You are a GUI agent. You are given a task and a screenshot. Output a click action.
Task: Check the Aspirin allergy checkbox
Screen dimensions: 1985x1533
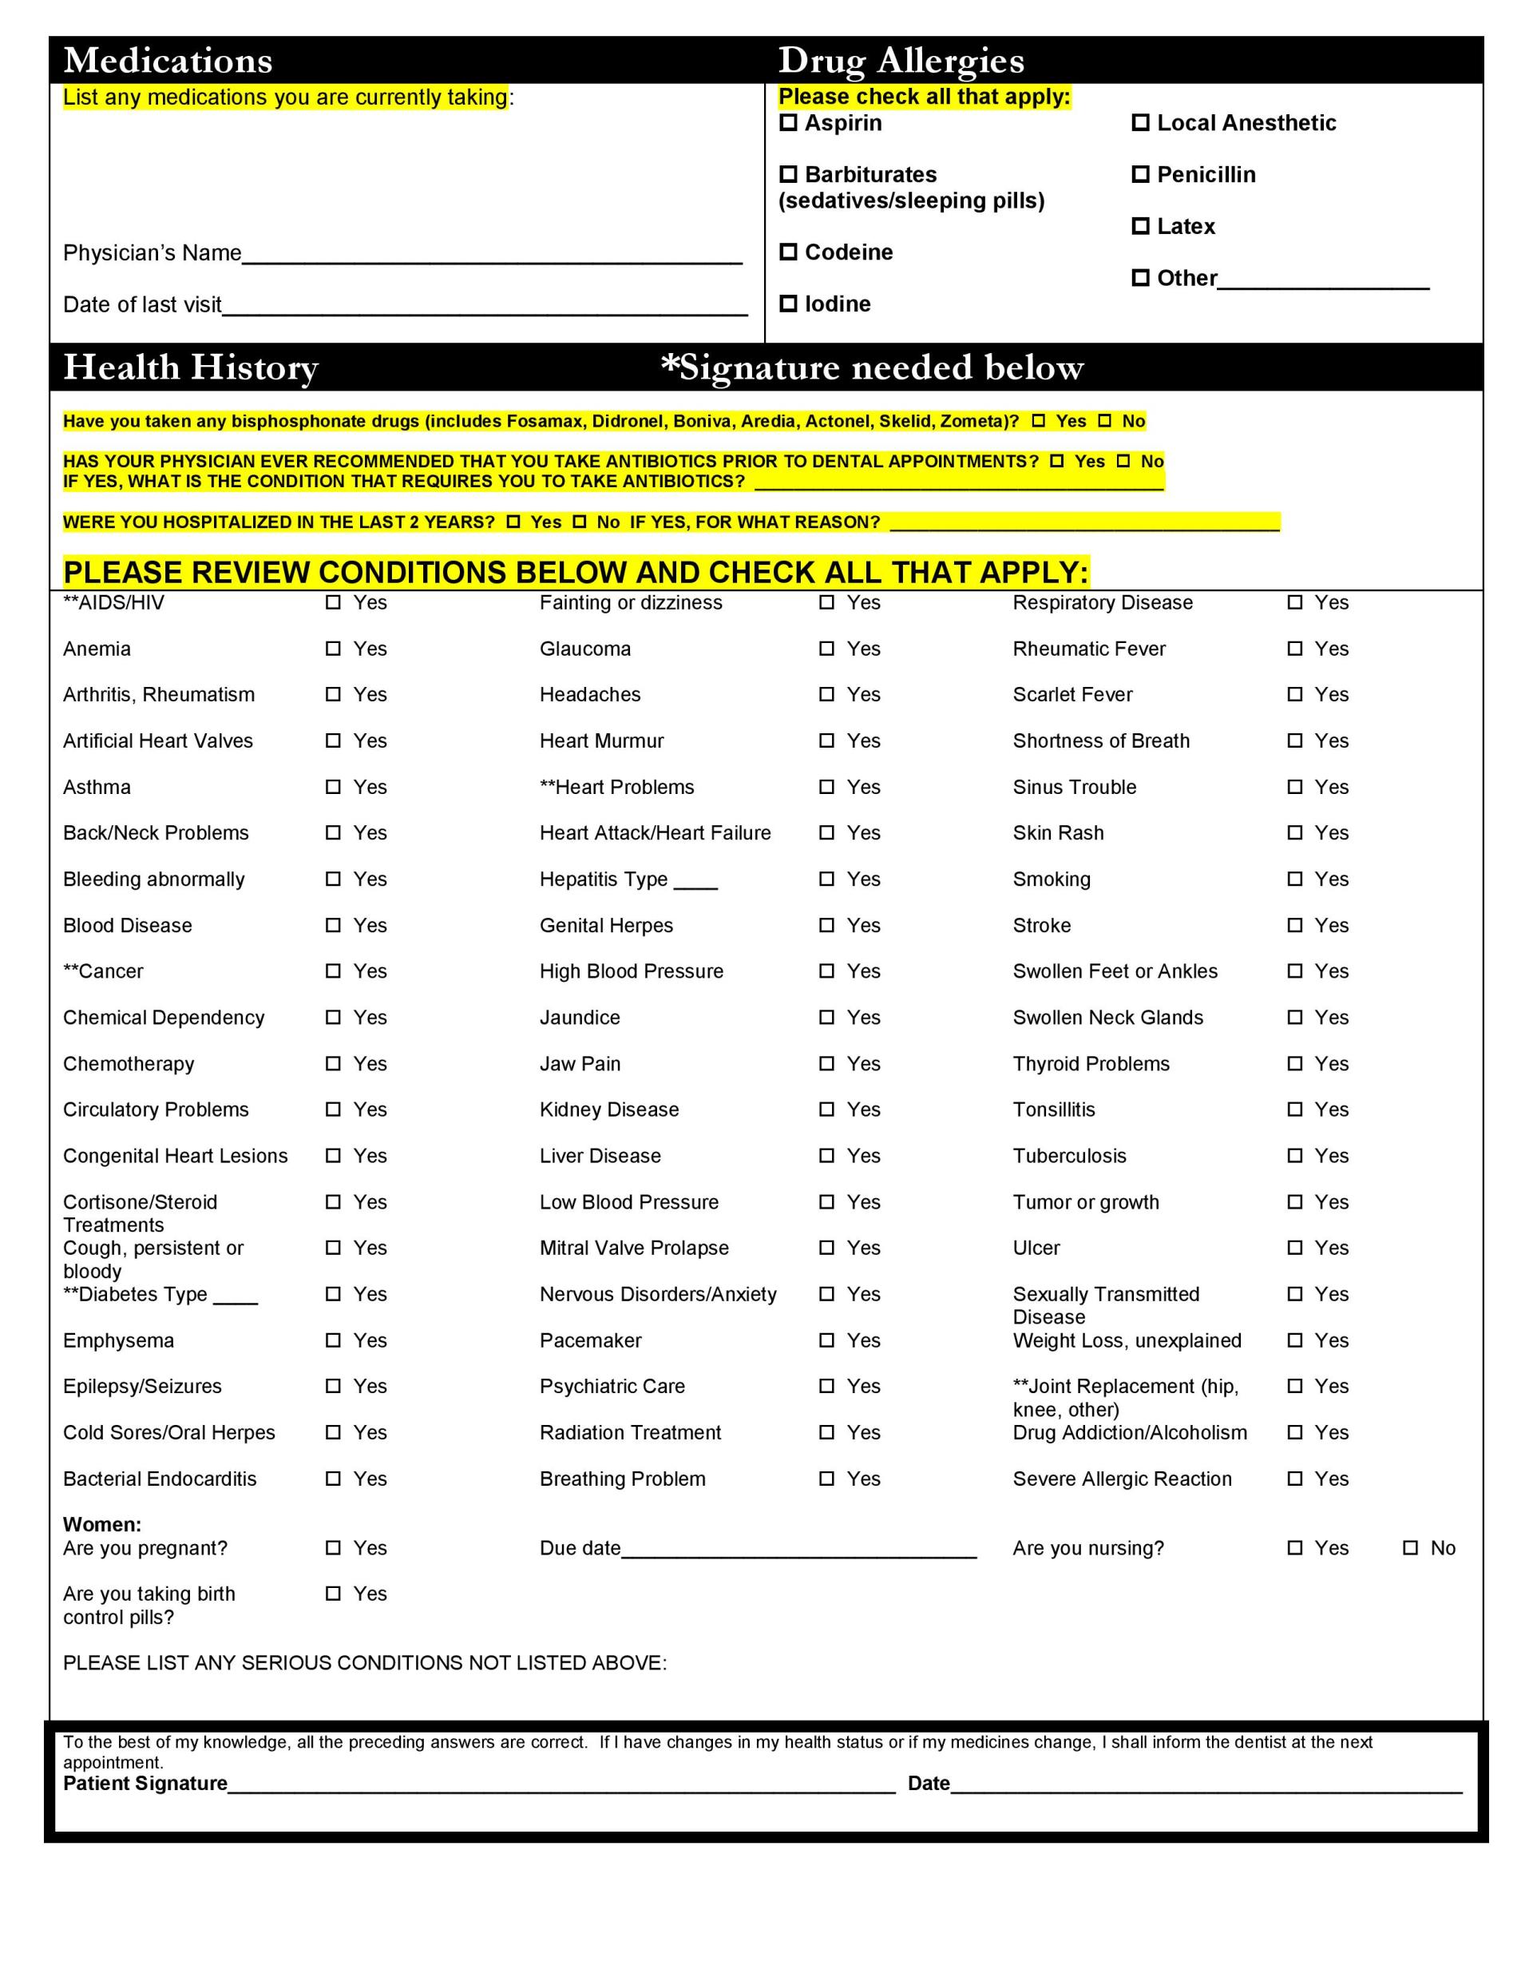pos(788,123)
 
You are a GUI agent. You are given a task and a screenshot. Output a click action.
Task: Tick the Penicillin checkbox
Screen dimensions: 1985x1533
pos(1139,173)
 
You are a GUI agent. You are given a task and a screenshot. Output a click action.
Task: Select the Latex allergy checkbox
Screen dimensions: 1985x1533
pos(1139,225)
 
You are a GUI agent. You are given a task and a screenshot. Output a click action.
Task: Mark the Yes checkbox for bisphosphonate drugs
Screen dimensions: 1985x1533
pos(1039,421)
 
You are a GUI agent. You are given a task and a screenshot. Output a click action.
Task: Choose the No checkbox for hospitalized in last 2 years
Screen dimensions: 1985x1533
pos(580,522)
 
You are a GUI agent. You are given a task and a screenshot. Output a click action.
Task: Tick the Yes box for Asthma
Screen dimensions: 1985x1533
pos(334,787)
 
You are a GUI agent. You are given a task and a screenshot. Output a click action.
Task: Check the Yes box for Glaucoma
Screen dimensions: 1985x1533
pos(826,649)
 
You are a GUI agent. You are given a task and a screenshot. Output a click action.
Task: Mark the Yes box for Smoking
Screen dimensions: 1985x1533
pos(1295,879)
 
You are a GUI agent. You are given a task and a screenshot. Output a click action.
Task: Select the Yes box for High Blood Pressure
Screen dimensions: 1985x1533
pos(826,971)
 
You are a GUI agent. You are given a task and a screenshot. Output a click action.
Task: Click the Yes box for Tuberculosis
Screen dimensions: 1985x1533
pos(1295,1156)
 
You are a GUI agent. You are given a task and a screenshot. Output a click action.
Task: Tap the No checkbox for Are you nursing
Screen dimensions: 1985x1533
pos(1410,1548)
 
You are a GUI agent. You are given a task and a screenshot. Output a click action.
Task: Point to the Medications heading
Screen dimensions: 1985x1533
pos(168,61)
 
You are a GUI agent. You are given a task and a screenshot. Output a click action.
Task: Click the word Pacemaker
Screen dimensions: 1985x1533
pos(591,1340)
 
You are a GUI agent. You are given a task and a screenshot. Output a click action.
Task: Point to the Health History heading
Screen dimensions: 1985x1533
pos(191,367)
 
